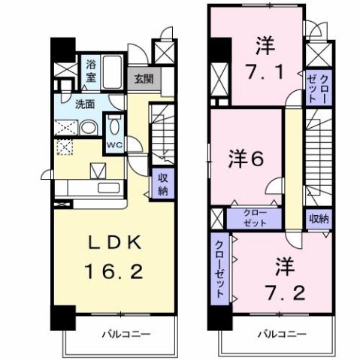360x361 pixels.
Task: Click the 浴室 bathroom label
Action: (91, 68)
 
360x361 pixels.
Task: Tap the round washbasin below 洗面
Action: (87, 127)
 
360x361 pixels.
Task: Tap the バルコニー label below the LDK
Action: (120, 332)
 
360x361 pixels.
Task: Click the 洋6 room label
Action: (246, 158)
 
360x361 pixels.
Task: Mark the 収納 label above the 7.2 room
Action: (319, 219)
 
